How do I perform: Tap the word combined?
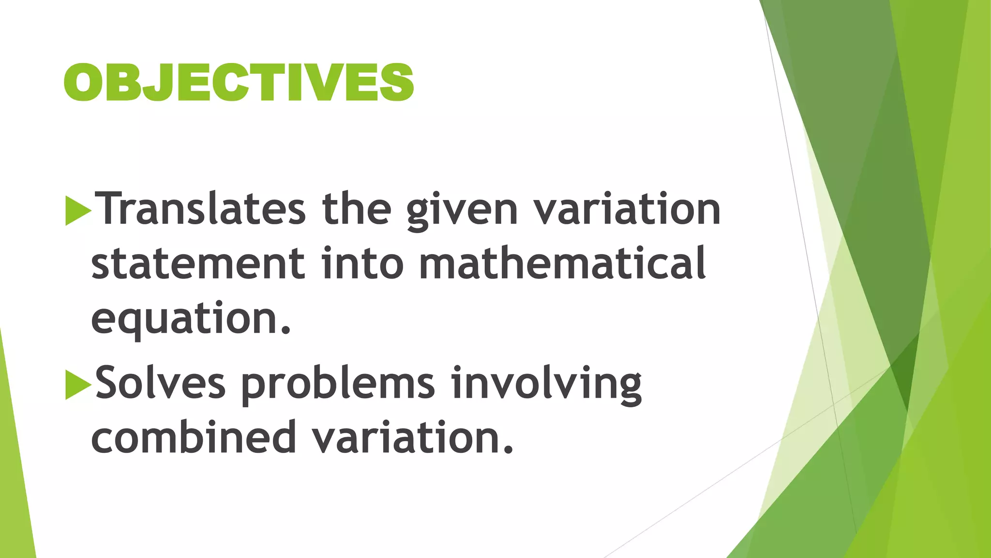click(194, 437)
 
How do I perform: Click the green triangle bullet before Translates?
click(78, 211)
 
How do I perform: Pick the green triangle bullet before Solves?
click(78, 385)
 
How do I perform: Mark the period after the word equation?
click(286, 331)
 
